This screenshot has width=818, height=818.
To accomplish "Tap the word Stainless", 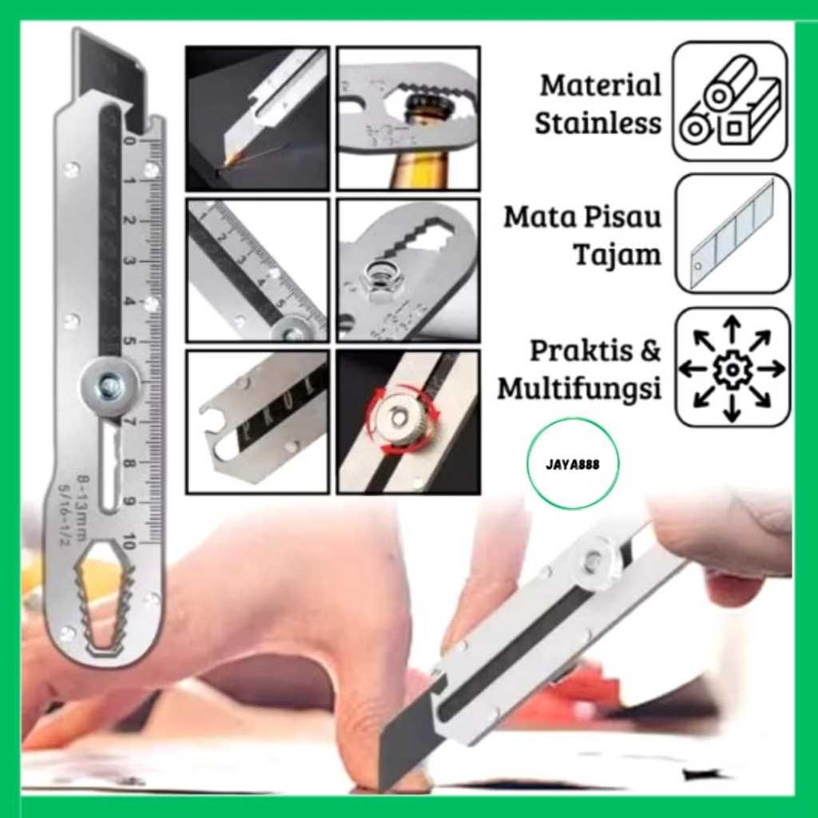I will tap(598, 124).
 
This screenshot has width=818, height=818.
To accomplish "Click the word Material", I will tap(601, 85).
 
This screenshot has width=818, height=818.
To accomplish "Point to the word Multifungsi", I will tap(580, 389).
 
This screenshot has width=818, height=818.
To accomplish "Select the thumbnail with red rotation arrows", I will tap(407, 421).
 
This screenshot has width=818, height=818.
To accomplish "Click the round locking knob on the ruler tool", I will tap(110, 387).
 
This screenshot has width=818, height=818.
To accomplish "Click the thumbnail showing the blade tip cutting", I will tap(256, 118).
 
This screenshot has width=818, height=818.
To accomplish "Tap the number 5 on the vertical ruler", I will tap(130, 341).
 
